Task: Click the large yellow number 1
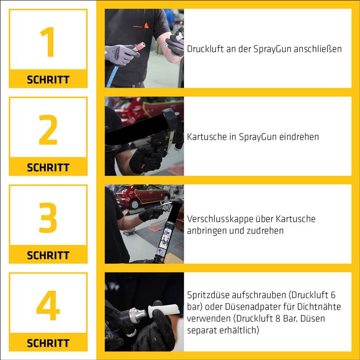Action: click(x=48, y=42)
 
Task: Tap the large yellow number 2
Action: click(x=48, y=130)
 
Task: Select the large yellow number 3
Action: click(x=48, y=217)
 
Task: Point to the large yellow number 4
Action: click(x=48, y=305)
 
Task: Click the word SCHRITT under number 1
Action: click(x=48, y=80)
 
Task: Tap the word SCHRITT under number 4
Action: click(x=48, y=343)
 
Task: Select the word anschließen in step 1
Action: click(x=318, y=49)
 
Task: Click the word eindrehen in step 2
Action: click(x=299, y=137)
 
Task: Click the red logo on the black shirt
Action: click(x=147, y=25)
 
